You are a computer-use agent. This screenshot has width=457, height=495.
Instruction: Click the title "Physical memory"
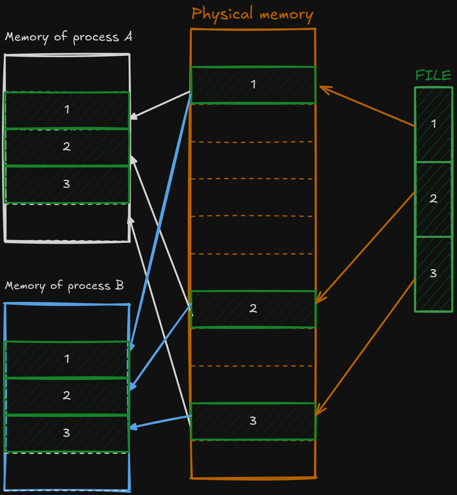(x=252, y=13)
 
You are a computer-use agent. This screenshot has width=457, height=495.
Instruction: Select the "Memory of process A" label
(x=68, y=37)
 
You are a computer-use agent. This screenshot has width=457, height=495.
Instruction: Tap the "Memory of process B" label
(x=64, y=285)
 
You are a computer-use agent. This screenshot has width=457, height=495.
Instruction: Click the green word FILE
(x=433, y=75)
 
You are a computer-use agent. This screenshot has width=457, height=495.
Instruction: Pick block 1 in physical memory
(x=253, y=85)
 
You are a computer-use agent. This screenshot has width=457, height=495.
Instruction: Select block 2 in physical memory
(x=253, y=309)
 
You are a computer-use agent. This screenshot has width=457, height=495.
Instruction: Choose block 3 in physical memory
(x=253, y=421)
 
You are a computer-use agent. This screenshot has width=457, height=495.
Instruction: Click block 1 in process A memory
(x=67, y=110)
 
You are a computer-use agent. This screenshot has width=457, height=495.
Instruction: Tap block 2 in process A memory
(x=67, y=147)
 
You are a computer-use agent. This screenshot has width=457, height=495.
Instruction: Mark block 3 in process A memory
(x=67, y=184)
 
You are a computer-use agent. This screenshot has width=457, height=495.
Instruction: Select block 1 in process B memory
(x=67, y=359)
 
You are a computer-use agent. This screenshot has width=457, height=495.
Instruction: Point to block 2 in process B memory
(x=67, y=396)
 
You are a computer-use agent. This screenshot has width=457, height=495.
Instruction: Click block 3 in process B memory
(x=67, y=433)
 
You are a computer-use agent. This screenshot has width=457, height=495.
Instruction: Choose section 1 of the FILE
(x=433, y=124)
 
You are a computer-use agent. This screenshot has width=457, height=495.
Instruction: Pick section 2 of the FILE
(x=433, y=199)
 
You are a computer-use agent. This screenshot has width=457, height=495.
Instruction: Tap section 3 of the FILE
(x=433, y=274)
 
